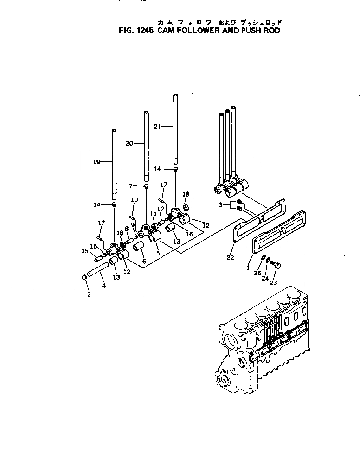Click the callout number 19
tap(96, 162)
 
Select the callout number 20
tap(129, 143)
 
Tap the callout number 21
tap(157, 127)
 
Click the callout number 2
tap(89, 294)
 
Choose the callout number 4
tap(104, 286)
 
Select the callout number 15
tap(85, 251)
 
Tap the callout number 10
tap(134, 200)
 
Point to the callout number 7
tap(131, 186)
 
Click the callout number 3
tap(220, 204)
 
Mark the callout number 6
tap(144, 262)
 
